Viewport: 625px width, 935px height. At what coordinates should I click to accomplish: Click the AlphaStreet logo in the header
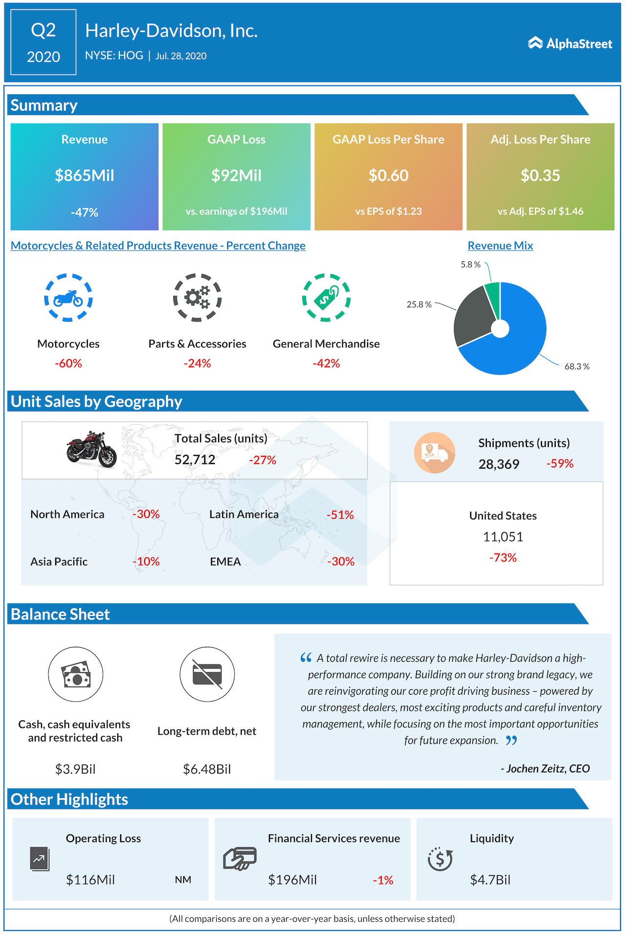coord(570,43)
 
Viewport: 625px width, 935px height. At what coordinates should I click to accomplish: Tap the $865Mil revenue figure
coord(84,175)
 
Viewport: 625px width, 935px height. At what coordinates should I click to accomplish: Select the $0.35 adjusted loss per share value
coord(540,175)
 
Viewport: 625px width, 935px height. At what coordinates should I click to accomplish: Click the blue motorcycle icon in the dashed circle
coord(68,297)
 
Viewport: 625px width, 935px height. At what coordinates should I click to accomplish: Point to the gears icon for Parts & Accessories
coord(197,297)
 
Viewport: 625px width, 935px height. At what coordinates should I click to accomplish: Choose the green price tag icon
coord(326,297)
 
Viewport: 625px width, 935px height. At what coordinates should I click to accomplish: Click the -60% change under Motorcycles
coord(68,363)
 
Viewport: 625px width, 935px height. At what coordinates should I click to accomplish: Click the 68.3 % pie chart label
coord(577,366)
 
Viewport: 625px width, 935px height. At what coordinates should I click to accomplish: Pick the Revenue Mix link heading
coord(500,246)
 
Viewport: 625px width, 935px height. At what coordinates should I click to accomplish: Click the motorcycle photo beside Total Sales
coord(91,449)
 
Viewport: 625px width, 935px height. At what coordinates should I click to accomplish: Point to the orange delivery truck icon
coord(434,452)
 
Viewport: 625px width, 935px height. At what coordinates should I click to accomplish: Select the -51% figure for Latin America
coord(340,515)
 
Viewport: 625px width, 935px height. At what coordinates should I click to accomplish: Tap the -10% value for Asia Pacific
coord(146,562)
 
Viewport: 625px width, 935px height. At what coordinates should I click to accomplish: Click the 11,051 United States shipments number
coord(503,537)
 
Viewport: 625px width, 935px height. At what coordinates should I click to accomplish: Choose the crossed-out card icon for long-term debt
coord(207,674)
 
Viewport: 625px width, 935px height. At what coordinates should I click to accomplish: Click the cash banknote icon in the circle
coord(76,674)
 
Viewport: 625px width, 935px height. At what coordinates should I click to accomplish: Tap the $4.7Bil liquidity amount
coord(490,880)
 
